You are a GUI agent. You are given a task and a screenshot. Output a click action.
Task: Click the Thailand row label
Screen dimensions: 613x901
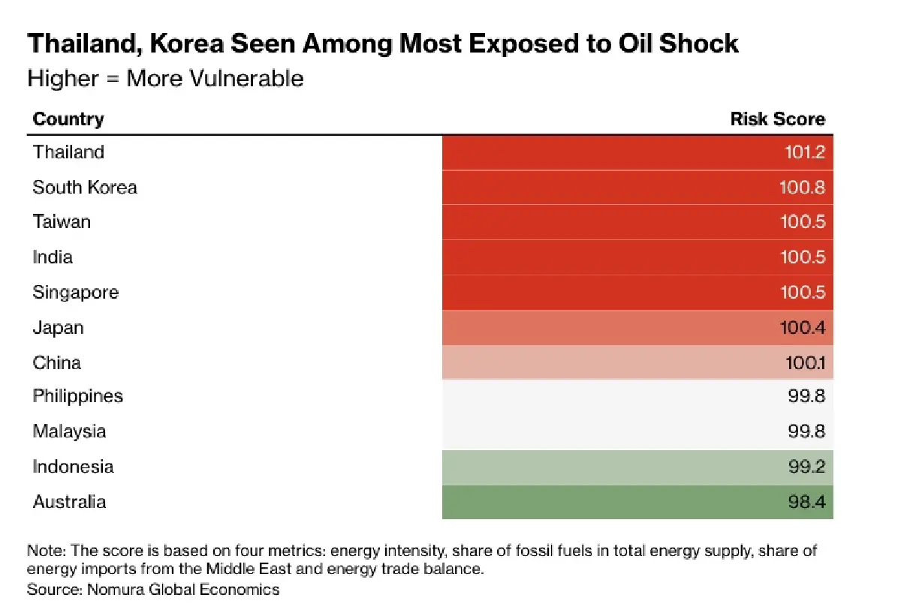click(68, 152)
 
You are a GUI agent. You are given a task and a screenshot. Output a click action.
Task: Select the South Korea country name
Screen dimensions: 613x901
click(85, 187)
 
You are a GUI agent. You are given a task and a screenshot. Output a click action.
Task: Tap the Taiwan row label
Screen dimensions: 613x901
click(62, 222)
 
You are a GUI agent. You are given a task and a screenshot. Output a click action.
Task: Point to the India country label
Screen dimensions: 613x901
click(53, 257)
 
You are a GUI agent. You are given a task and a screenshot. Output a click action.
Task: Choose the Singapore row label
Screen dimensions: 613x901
click(75, 292)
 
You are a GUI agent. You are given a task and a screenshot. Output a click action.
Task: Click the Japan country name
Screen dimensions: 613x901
click(58, 328)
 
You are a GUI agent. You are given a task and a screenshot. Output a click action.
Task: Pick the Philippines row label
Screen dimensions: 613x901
click(77, 396)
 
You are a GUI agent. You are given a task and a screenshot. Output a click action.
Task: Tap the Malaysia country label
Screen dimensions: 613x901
click(69, 431)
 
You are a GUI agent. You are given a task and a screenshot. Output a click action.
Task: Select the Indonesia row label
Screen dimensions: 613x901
click(73, 467)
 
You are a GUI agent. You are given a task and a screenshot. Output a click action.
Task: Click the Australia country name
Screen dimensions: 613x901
click(69, 502)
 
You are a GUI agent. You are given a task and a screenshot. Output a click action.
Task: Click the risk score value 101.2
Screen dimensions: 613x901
click(803, 152)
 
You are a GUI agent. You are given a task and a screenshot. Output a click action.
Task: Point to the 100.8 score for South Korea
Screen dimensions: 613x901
click(802, 187)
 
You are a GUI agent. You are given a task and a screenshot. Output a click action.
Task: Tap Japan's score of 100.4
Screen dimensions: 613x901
click(802, 328)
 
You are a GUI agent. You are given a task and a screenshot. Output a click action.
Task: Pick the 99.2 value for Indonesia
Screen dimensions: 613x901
click(806, 467)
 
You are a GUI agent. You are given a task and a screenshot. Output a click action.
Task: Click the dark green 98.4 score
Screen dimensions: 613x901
click(806, 502)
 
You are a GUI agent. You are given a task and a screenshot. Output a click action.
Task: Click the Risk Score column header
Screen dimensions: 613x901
click(777, 119)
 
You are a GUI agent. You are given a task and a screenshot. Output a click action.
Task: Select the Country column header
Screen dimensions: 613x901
click(68, 119)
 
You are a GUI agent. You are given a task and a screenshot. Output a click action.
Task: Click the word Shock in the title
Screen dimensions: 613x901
click(698, 44)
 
